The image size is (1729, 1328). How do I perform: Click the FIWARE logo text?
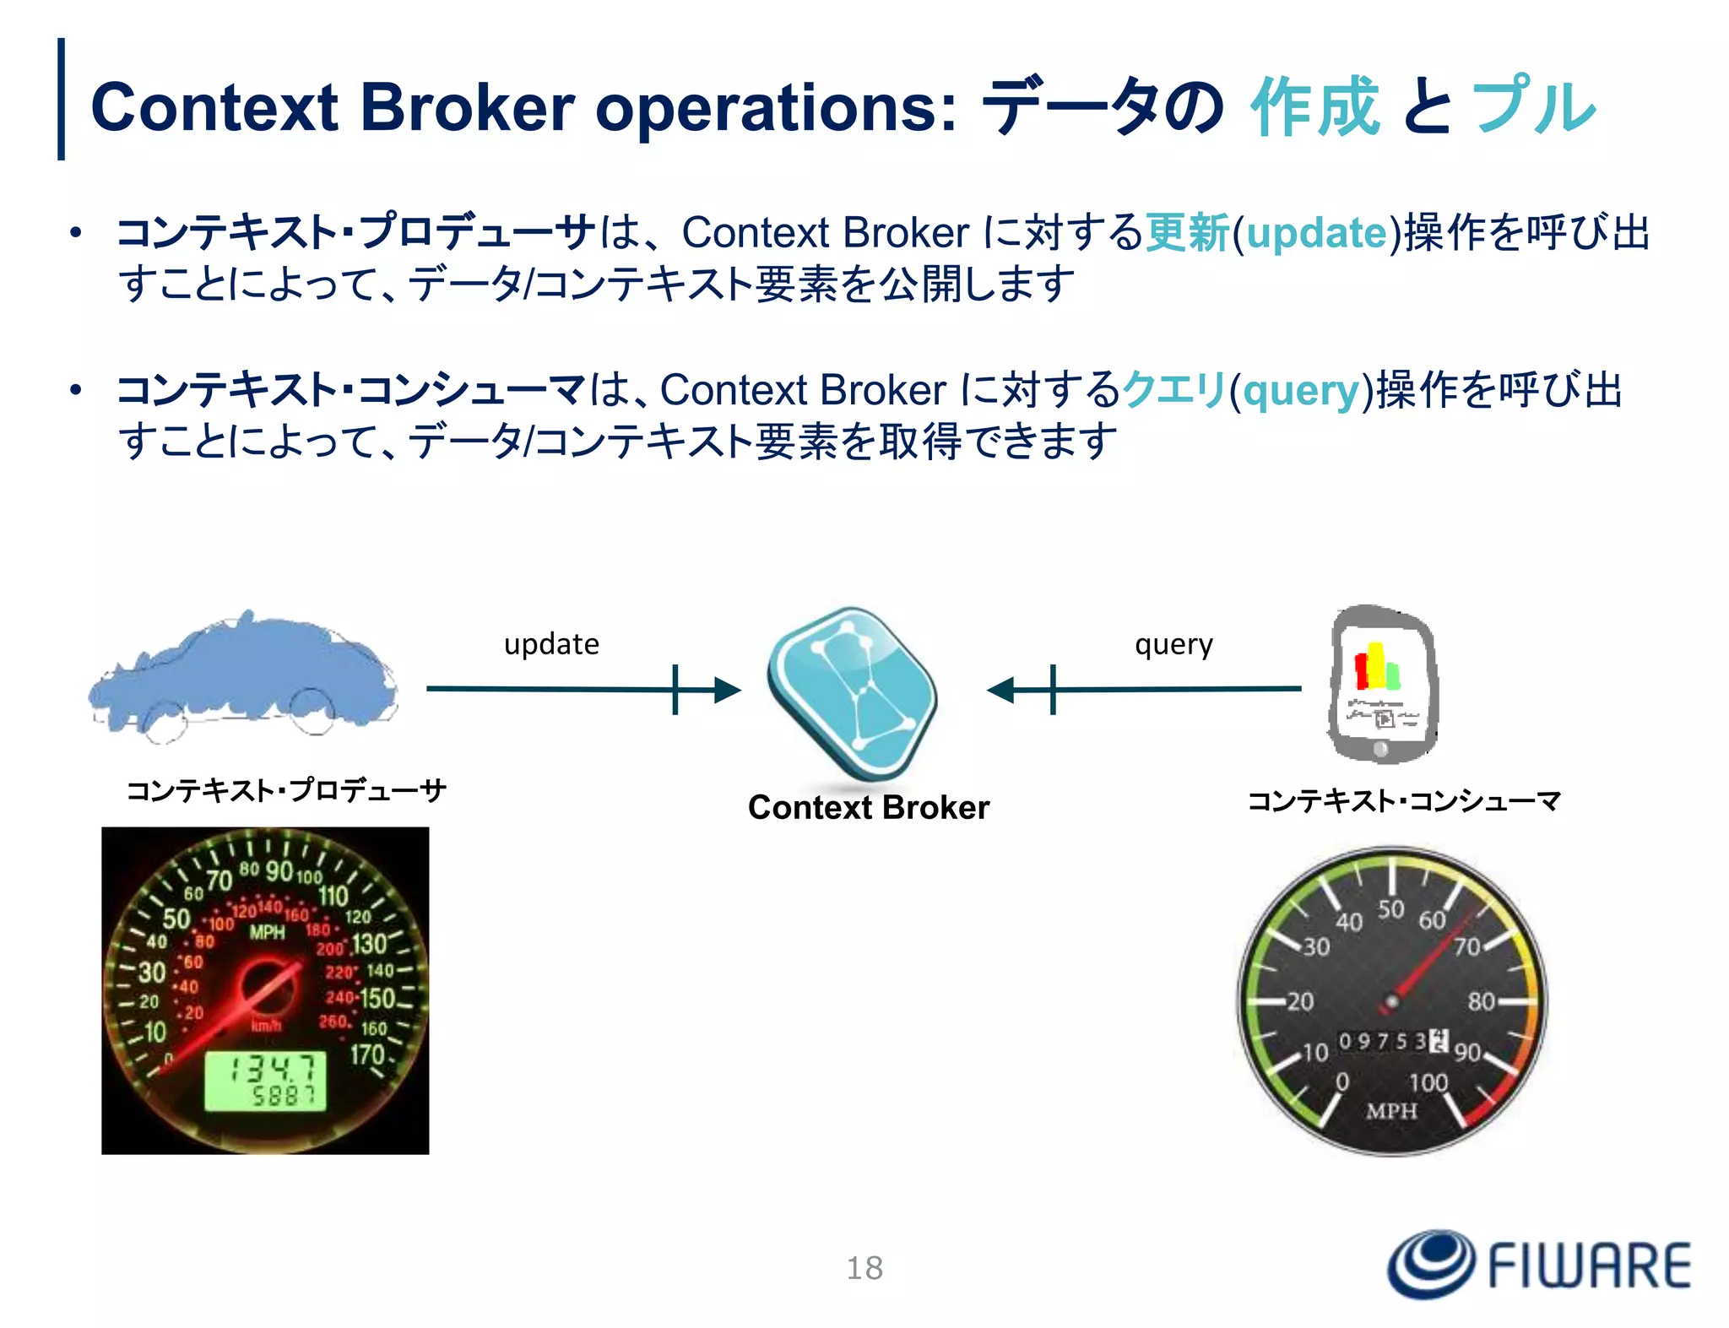click(x=1587, y=1266)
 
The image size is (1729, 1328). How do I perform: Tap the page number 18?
click(x=864, y=1268)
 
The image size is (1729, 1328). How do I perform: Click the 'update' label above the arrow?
click(x=551, y=644)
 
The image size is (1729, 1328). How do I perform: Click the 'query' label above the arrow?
click(x=1173, y=644)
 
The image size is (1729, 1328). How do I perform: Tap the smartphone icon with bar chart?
click(x=1381, y=684)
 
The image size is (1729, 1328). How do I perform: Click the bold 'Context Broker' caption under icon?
click(x=869, y=808)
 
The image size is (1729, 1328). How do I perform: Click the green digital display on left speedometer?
click(x=265, y=1081)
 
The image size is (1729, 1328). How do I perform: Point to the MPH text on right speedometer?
click(x=1391, y=1111)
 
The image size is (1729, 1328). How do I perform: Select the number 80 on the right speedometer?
click(x=1481, y=1002)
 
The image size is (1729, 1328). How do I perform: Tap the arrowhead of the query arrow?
click(x=1001, y=690)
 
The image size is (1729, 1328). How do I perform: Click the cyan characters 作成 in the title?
click(x=1315, y=106)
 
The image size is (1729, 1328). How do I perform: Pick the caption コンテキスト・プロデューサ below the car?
click(x=286, y=791)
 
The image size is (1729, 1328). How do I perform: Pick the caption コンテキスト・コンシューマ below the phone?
click(x=1405, y=800)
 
